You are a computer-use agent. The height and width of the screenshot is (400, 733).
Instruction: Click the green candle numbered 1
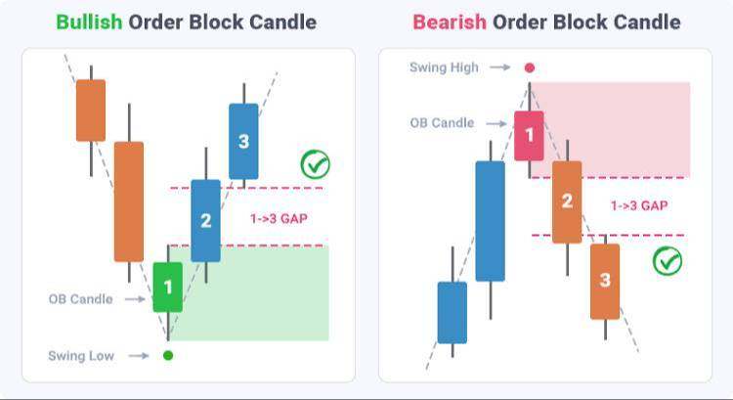point(168,287)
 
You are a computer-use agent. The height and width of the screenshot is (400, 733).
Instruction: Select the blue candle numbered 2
point(205,220)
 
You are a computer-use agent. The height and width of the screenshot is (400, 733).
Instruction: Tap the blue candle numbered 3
point(243,141)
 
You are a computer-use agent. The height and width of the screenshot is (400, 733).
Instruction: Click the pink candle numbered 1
point(529,136)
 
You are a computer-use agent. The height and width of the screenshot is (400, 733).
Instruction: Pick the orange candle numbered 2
point(567,202)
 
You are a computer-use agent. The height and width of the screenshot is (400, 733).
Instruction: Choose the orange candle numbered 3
point(605,281)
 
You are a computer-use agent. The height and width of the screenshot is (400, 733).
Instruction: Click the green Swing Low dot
point(168,356)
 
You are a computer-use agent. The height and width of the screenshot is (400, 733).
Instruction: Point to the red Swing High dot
point(529,67)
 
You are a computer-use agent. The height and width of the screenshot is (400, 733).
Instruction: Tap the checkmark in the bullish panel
point(315,164)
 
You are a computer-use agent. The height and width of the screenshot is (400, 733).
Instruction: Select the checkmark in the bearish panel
point(668,261)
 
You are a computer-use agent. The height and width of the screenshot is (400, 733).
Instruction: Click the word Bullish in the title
point(89,22)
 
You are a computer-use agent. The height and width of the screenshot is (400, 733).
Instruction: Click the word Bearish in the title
point(450,22)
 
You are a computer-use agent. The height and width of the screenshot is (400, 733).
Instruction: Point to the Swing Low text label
point(81,356)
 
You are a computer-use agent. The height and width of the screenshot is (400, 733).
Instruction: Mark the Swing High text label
point(444,67)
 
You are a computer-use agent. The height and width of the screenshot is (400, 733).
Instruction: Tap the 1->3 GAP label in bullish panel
point(280,218)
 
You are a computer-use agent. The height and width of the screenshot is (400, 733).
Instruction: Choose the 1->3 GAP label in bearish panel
point(639,205)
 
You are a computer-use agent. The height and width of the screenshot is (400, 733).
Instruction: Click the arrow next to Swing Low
point(139,356)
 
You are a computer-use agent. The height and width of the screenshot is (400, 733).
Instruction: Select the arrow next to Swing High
point(499,67)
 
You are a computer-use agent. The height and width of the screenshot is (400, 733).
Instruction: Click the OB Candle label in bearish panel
point(442,123)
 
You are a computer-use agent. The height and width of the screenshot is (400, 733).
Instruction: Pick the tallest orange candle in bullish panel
point(129,201)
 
